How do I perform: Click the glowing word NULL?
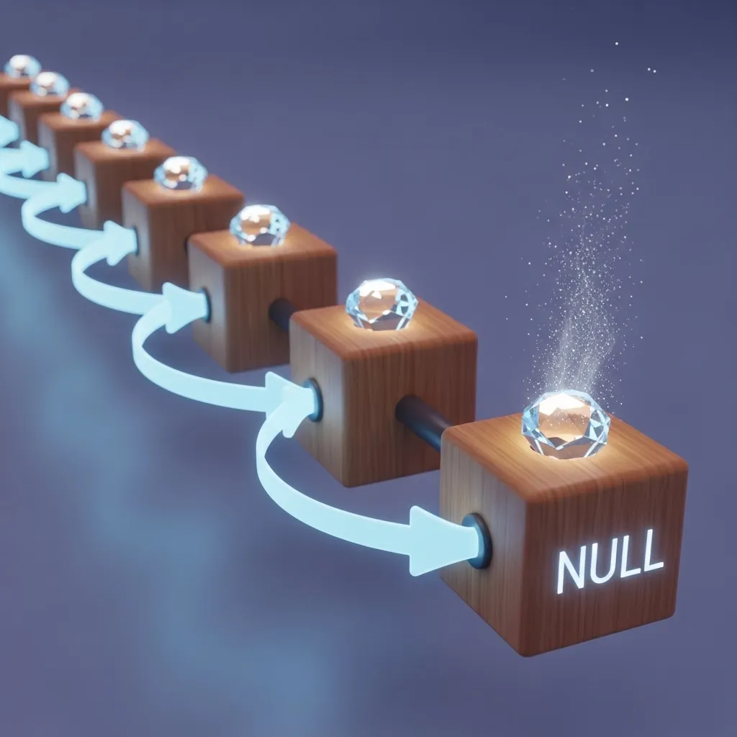610,561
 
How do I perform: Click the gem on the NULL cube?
566,425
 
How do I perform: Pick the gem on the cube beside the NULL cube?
381,304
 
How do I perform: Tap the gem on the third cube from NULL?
259,225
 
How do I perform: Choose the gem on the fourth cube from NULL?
181,173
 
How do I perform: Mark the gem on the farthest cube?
22,66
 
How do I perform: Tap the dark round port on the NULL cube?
478,541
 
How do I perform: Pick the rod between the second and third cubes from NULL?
281,312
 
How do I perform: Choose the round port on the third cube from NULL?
204,304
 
